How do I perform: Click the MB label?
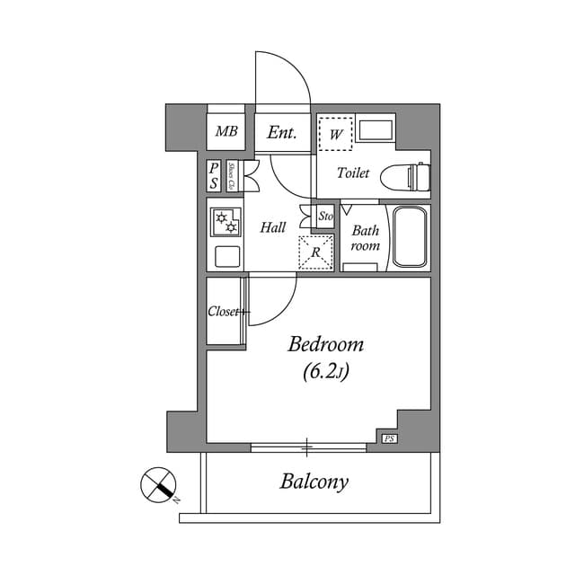click(226, 133)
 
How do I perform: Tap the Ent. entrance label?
click(282, 133)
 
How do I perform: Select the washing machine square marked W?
click(336, 134)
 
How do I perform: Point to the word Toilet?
click(353, 173)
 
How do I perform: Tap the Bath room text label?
click(365, 238)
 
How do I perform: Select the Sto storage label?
click(326, 217)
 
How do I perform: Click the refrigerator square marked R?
click(315, 252)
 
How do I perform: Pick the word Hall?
click(273, 228)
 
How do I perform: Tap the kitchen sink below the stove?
click(226, 257)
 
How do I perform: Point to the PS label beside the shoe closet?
click(214, 175)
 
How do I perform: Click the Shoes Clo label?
click(232, 175)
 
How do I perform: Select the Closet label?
click(225, 312)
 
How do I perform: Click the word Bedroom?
click(325, 344)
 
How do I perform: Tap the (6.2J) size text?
click(325, 371)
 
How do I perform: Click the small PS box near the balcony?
click(389, 438)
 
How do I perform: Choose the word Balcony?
click(314, 482)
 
